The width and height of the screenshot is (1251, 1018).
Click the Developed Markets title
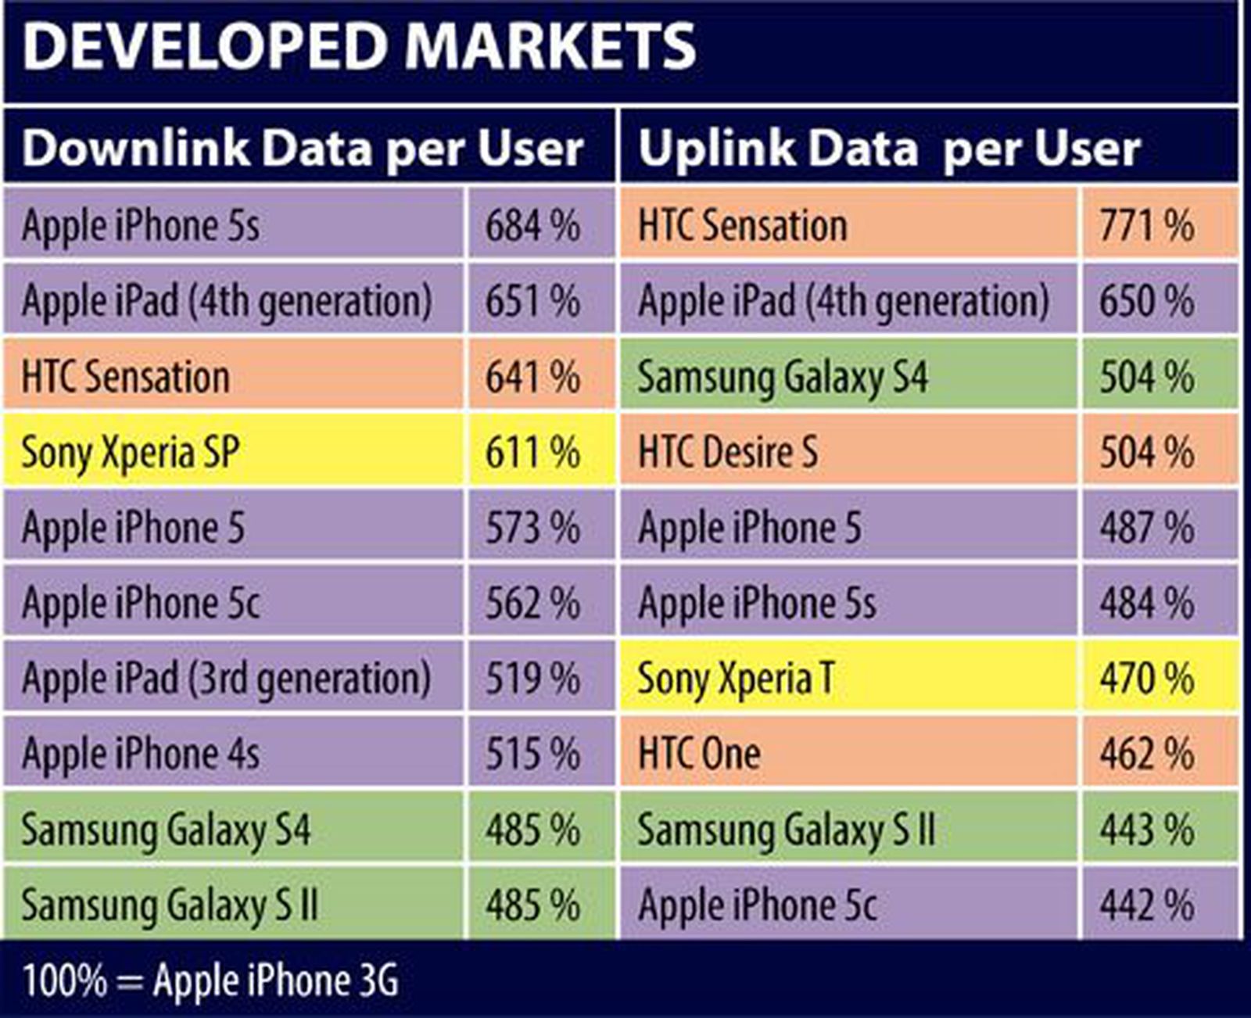click(359, 47)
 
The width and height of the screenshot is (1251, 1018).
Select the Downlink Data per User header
click(303, 148)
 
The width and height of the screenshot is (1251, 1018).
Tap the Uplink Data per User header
click(889, 148)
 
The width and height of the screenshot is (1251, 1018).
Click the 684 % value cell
click(533, 226)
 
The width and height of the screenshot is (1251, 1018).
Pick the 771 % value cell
click(1147, 226)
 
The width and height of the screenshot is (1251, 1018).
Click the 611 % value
click(533, 453)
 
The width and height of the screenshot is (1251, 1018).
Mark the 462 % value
click(1147, 754)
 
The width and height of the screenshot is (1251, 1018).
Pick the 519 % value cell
click(533, 679)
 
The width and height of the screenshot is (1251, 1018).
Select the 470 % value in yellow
click(1147, 679)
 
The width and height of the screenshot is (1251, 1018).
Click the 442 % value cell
click(1147, 905)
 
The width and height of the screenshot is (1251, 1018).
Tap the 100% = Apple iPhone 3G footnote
click(210, 980)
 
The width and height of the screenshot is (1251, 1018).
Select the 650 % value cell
click(1147, 302)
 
